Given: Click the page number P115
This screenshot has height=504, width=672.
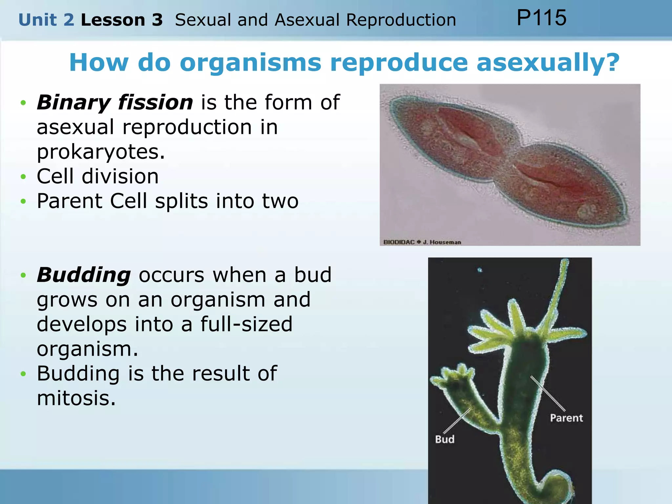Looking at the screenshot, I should (541, 18).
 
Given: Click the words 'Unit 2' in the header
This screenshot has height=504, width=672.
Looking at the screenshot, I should (46, 20).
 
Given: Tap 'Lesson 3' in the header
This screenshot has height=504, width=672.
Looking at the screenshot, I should (122, 20).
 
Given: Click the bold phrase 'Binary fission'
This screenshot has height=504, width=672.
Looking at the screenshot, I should (115, 102).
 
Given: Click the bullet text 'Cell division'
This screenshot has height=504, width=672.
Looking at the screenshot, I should (98, 176).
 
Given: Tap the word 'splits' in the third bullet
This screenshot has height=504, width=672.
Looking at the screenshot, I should (181, 201).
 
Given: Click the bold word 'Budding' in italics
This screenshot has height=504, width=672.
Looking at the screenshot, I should (84, 275).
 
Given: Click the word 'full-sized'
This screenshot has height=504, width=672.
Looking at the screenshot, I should (246, 324).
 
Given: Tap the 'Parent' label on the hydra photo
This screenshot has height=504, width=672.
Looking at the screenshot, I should (566, 418).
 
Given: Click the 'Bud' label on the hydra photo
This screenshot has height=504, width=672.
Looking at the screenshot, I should (445, 439).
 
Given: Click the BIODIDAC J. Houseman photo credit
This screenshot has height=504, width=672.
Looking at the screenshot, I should (422, 242).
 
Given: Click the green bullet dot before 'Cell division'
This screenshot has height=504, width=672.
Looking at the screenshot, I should (23, 177).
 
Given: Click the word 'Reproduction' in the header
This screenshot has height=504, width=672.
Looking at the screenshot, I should (401, 20).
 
